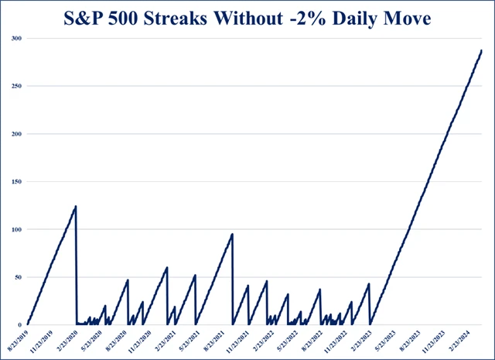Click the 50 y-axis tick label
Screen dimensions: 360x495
click(19, 277)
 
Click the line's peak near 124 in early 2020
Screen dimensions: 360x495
click(76, 206)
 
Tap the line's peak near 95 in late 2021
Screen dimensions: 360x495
click(233, 234)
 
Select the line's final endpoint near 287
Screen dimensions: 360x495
click(481, 50)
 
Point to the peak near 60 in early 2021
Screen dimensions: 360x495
click(167, 268)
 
